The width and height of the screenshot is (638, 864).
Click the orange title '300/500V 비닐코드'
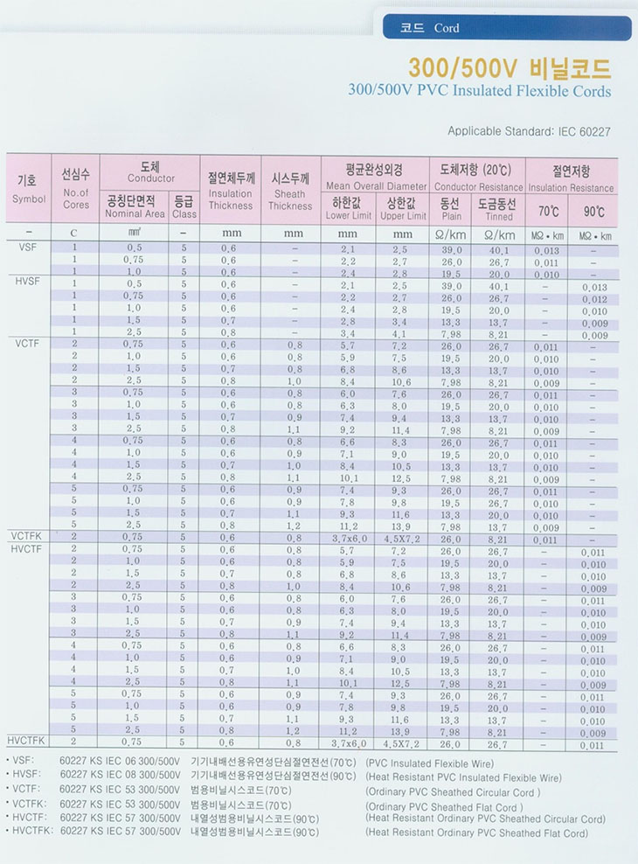point(510,68)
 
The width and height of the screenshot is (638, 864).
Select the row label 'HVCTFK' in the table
point(31,740)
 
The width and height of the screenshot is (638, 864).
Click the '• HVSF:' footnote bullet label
point(24,775)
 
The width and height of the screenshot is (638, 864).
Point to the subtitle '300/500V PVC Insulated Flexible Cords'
point(479,91)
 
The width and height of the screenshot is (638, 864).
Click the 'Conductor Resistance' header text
point(476,187)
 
